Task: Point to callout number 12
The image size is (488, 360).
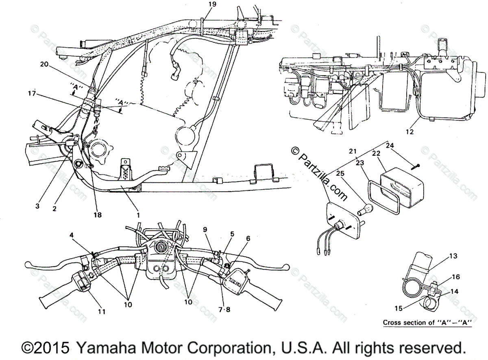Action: coord(409,131)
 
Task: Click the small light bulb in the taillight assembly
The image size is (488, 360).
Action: coord(362,211)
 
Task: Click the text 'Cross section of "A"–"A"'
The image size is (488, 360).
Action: coord(427,323)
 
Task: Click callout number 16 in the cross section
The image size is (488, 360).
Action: coord(455,277)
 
